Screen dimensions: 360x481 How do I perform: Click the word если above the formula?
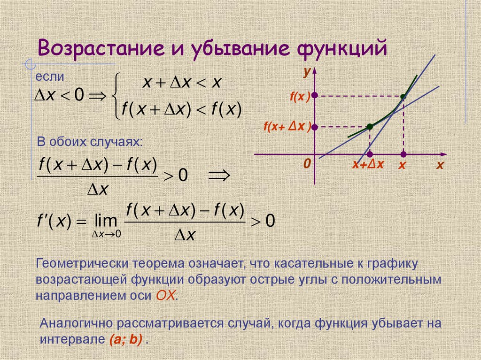[49, 77]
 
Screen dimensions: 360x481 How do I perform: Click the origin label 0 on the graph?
[307, 164]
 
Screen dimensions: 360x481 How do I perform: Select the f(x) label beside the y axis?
[300, 97]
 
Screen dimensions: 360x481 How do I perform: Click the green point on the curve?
[370, 126]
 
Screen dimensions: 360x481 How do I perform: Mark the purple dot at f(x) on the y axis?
[315, 95]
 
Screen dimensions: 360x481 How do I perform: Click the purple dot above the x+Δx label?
[370, 154]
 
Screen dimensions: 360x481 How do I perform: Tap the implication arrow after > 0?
[218, 176]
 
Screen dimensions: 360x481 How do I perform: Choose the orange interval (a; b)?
[124, 340]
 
